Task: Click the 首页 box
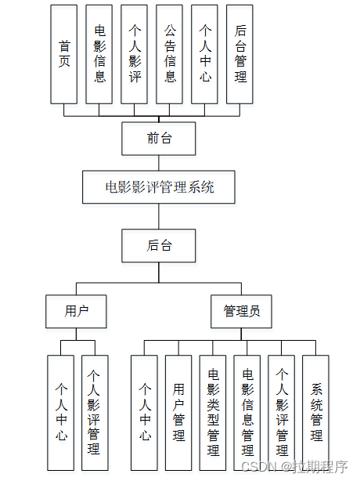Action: click(x=64, y=54)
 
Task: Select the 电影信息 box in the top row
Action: click(x=99, y=54)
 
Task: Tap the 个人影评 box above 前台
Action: click(x=135, y=54)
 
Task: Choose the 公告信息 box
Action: click(x=170, y=54)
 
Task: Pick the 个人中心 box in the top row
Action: click(x=205, y=54)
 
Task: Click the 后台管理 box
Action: click(x=240, y=54)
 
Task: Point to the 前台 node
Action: click(x=159, y=139)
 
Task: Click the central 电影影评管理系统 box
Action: click(x=159, y=187)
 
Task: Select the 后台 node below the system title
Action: click(x=159, y=245)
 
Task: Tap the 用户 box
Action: click(x=76, y=311)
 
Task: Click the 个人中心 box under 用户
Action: click(x=60, y=412)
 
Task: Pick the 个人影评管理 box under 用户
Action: click(x=95, y=412)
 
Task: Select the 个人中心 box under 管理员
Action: click(x=144, y=412)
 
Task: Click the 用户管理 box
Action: click(x=178, y=412)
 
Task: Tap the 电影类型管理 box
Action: click(x=213, y=412)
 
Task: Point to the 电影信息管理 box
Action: click(x=247, y=412)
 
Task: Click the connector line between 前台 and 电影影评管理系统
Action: click(x=159, y=163)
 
